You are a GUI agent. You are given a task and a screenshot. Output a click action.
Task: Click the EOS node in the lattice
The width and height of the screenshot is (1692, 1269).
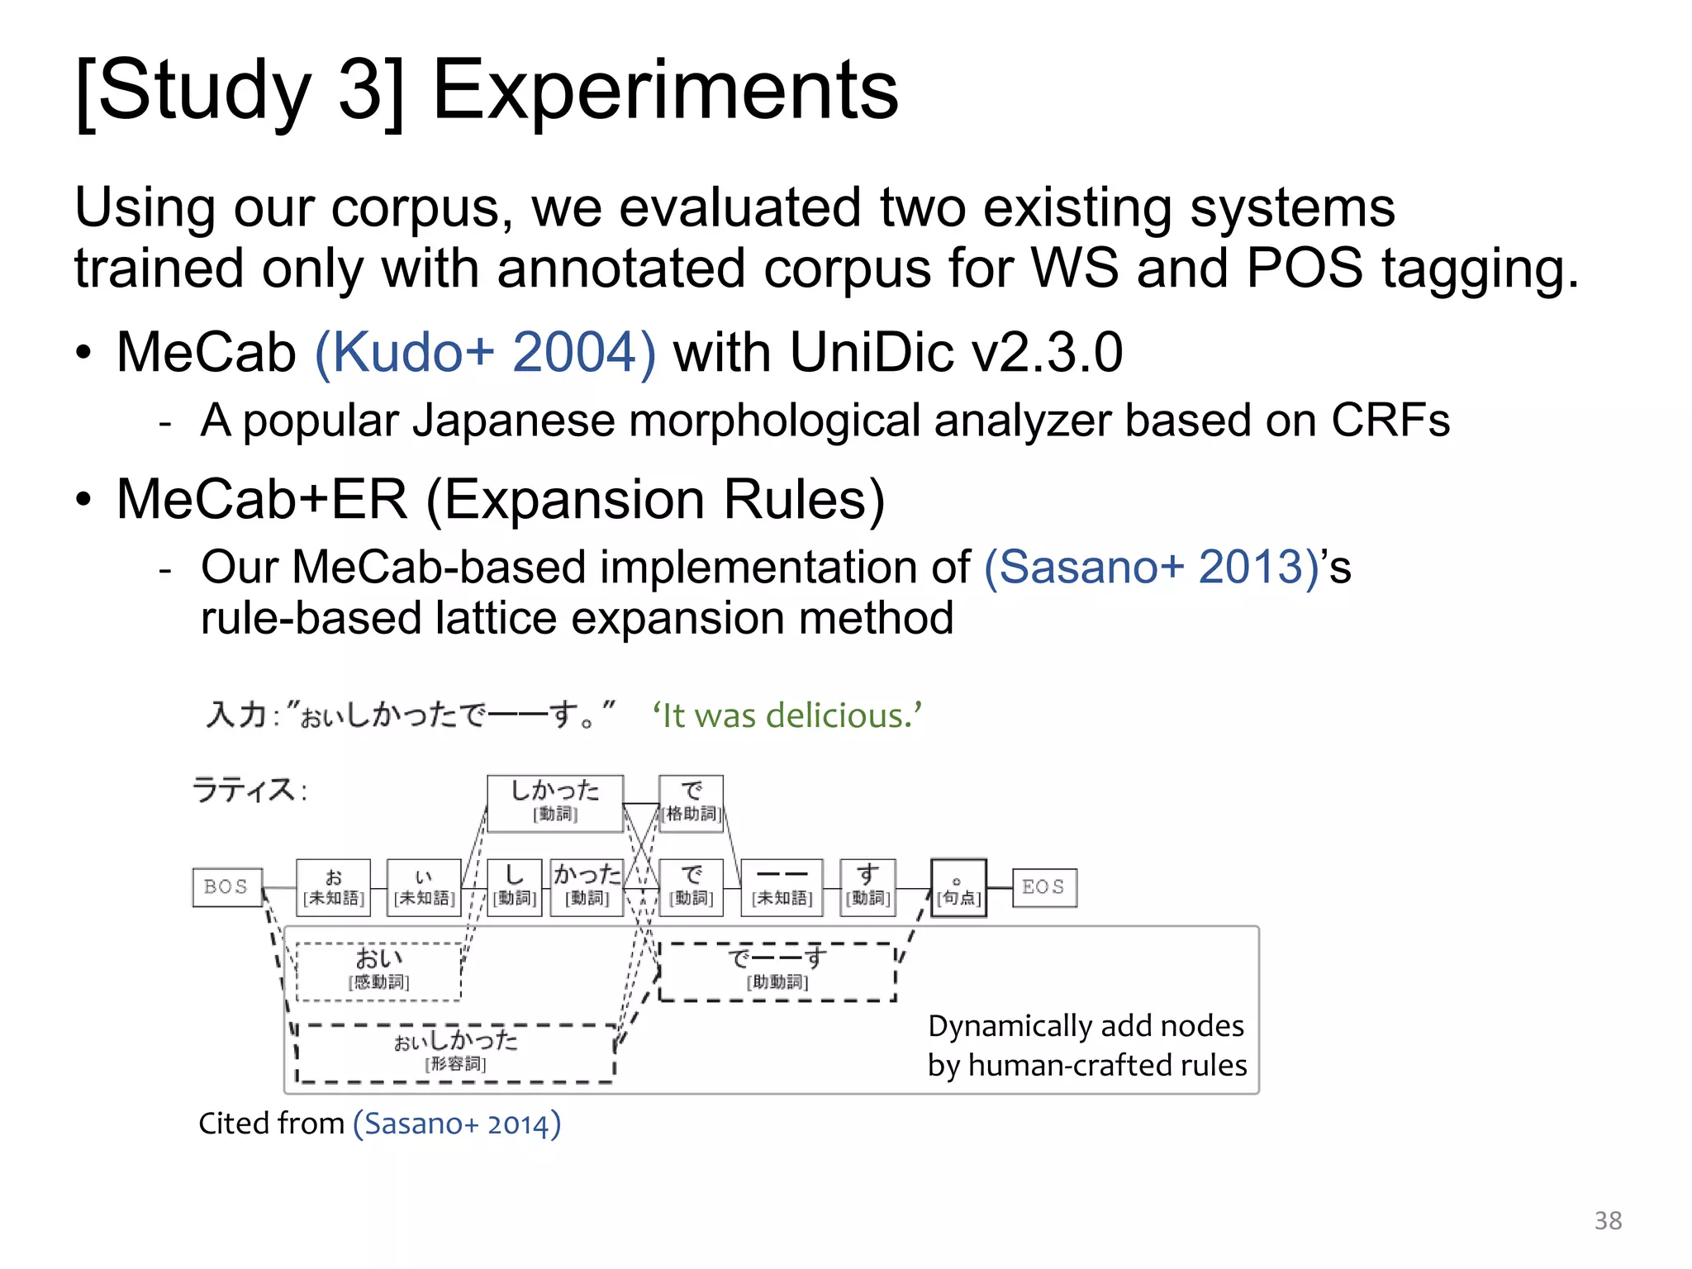(x=1043, y=886)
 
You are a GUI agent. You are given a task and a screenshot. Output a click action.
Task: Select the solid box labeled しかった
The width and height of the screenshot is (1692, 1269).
(x=554, y=802)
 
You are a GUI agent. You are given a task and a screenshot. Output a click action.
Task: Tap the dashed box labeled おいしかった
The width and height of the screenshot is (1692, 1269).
(x=455, y=1053)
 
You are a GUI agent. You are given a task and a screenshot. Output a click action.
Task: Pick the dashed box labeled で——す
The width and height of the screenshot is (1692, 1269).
(x=777, y=971)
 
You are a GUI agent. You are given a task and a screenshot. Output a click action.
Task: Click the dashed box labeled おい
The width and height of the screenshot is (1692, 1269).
(x=378, y=971)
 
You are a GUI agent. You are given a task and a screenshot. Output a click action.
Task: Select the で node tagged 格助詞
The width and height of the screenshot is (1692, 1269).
(x=692, y=802)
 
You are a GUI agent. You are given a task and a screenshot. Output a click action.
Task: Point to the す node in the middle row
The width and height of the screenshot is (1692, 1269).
(x=867, y=886)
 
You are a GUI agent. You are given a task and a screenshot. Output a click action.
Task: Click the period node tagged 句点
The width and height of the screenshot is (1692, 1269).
(x=958, y=887)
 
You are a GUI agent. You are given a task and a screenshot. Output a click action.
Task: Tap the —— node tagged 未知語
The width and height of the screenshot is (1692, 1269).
(x=782, y=886)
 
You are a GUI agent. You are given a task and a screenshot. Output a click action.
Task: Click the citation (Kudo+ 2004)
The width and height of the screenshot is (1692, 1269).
(x=486, y=352)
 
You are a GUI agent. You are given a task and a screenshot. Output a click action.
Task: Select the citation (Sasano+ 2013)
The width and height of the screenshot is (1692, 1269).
(x=1151, y=567)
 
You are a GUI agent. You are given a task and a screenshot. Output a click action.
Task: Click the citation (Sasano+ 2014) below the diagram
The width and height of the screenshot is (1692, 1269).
(x=457, y=1124)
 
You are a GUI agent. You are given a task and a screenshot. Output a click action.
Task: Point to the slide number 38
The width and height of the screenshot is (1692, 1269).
(x=1608, y=1220)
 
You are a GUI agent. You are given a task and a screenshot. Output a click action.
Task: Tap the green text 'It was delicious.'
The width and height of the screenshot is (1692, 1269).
(x=787, y=715)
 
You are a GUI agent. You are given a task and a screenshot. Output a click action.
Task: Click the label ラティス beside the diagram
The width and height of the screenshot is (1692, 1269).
(x=244, y=790)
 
